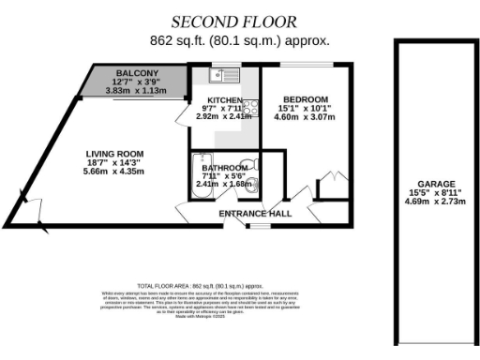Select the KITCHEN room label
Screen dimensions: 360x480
click(225, 100)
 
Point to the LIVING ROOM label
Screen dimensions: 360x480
click(114, 154)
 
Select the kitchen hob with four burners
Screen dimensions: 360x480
click(250, 106)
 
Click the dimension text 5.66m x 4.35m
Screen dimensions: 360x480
click(114, 172)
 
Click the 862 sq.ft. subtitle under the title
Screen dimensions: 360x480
click(239, 41)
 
